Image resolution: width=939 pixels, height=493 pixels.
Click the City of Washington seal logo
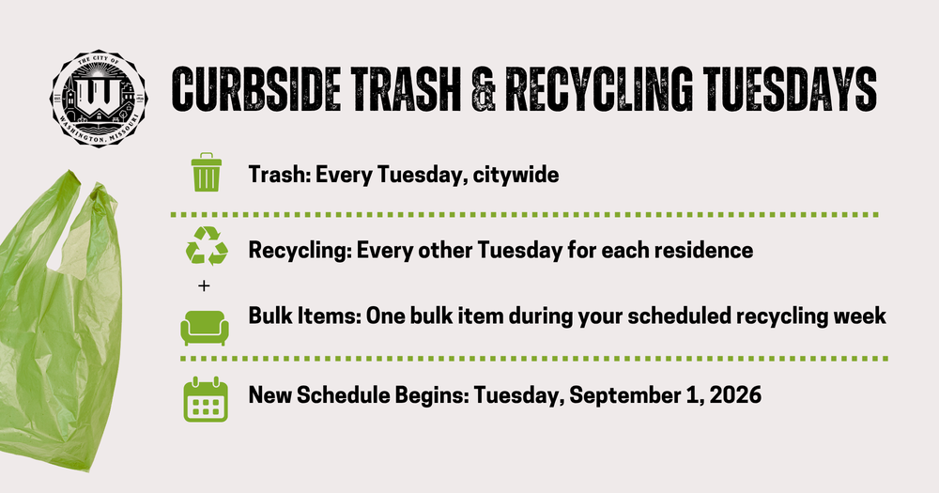click(99, 99)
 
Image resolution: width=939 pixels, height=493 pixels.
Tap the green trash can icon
click(206, 173)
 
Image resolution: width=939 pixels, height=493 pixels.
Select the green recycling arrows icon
click(207, 246)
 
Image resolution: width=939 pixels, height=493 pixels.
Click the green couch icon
click(205, 328)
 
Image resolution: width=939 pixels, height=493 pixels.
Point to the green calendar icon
click(206, 399)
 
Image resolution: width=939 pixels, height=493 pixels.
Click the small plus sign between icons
click(204, 286)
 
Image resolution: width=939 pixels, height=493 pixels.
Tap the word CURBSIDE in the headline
click(256, 88)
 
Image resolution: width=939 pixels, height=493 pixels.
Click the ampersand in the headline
click(484, 88)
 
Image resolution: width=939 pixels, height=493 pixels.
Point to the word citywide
click(516, 176)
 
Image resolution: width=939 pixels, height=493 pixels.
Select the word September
click(629, 396)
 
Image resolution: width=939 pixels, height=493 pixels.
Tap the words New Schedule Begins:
click(359, 396)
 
